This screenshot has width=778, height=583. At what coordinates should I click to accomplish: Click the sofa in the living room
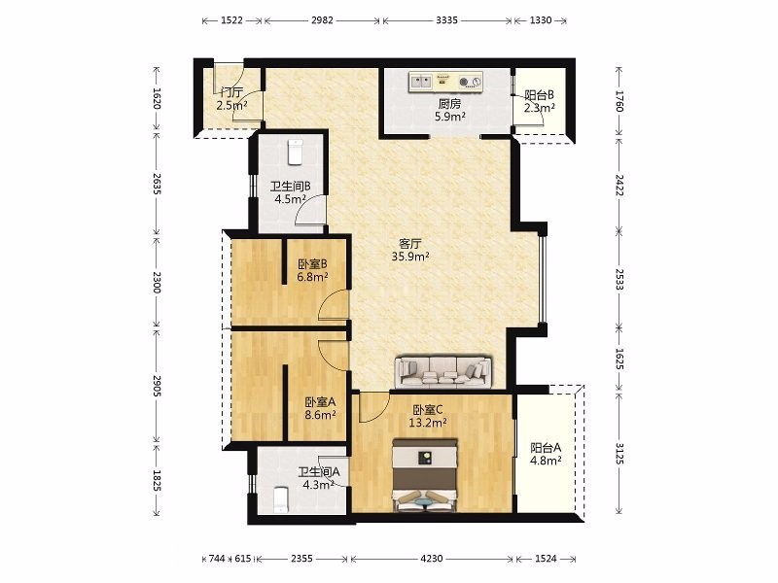tap(443, 371)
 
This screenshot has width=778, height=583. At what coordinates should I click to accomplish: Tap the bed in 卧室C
tap(425, 475)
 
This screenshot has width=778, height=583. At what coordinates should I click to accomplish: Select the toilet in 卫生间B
tap(296, 153)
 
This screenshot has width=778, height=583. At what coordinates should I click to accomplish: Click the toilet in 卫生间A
tap(281, 499)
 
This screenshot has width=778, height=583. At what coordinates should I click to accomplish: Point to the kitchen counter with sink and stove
tap(445, 82)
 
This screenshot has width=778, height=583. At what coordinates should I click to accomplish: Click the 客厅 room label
tap(410, 244)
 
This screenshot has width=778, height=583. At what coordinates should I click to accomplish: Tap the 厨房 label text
tap(449, 104)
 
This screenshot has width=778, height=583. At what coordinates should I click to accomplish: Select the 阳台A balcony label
tap(546, 448)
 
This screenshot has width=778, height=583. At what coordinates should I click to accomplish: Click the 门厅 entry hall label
tap(231, 92)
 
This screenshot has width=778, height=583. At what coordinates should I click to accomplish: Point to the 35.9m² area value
tap(410, 257)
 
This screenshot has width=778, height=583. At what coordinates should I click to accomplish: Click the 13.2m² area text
tap(428, 423)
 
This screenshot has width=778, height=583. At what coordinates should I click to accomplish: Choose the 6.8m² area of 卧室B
tap(312, 277)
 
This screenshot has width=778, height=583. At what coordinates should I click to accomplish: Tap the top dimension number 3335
tap(447, 20)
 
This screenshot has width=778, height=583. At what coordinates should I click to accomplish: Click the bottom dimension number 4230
tap(432, 559)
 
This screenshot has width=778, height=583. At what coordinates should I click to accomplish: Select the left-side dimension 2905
tap(157, 386)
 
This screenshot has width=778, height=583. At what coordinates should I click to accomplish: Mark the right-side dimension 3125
tap(619, 454)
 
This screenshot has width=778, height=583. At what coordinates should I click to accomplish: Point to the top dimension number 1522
tap(231, 20)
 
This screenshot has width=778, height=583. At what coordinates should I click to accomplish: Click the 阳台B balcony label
tap(540, 94)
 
